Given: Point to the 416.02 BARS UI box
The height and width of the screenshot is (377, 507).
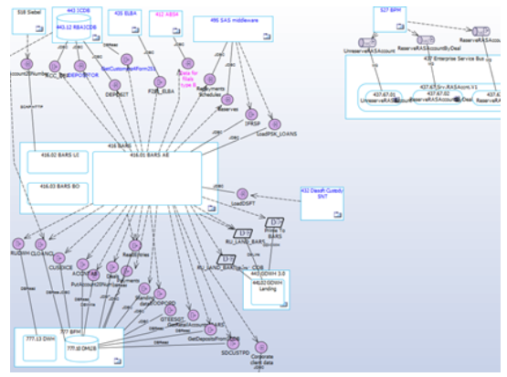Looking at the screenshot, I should click(57, 159).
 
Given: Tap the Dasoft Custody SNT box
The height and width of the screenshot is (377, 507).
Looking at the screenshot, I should click(320, 203).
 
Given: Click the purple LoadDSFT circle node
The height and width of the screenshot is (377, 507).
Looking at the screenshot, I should click(242, 193).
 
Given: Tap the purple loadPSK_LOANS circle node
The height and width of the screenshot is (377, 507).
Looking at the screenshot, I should click(275, 124).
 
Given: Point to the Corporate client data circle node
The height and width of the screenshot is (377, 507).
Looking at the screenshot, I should click(262, 349).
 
